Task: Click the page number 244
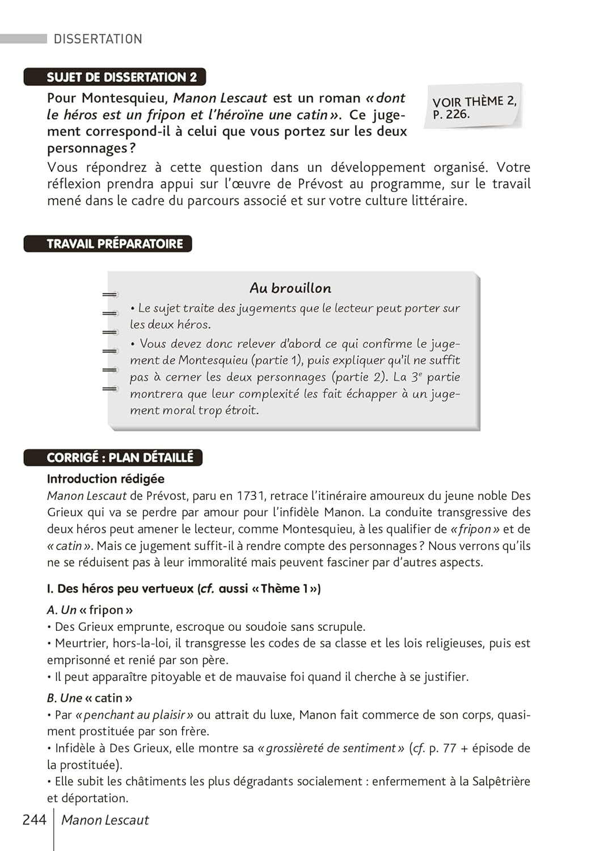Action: (34, 820)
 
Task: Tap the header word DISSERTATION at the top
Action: (98, 39)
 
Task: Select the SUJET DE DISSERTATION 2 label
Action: (121, 77)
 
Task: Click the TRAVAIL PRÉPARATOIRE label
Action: (115, 244)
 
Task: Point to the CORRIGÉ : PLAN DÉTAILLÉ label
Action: (120, 458)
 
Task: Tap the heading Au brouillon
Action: (290, 288)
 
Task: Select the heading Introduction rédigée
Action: (105, 479)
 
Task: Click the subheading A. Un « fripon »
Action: (90, 610)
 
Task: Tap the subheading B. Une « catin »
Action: (90, 698)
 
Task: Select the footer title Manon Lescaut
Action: (105, 820)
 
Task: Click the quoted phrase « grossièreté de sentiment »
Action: (331, 748)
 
